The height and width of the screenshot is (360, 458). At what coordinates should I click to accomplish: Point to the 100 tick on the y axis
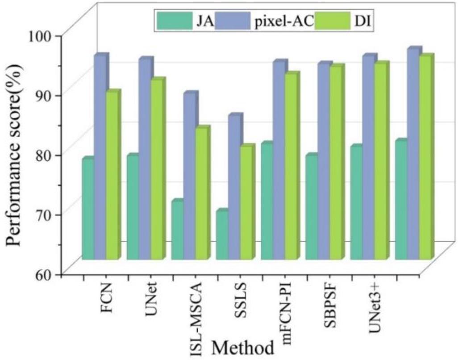[x=46, y=34]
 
